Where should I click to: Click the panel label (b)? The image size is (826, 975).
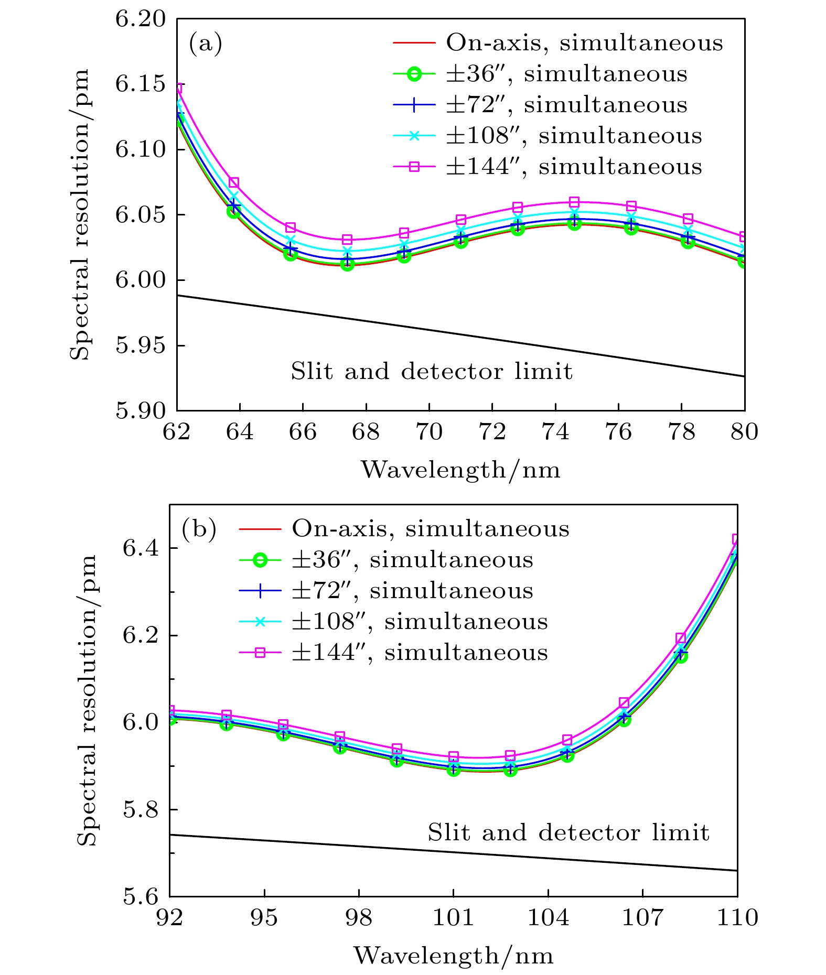coord(199,529)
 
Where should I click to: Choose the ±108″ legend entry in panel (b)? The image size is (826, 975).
coord(420,622)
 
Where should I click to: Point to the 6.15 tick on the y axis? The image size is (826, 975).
coord(140,84)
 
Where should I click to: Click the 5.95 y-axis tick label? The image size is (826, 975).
coord(140,345)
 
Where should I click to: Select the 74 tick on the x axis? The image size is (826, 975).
coord(555,432)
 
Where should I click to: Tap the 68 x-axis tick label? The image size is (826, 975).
coord(366,432)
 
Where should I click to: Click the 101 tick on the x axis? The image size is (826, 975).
coord(454,917)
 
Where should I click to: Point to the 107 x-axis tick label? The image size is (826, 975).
coord(643,917)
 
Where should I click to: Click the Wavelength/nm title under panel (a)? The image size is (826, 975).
coord(460,469)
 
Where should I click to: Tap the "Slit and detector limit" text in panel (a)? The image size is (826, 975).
coord(432,371)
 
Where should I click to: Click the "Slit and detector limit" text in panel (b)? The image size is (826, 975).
coord(568,832)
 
